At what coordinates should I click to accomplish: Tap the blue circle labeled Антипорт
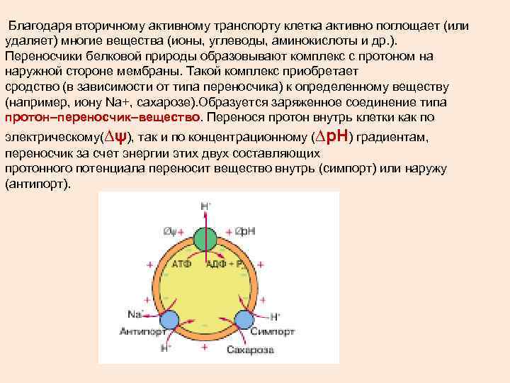coord(169,318)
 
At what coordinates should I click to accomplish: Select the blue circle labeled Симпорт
coord(244,318)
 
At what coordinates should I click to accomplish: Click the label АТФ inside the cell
coord(181,264)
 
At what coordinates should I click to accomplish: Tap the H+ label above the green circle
coord(206,206)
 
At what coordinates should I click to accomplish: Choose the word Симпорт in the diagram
coord(268,331)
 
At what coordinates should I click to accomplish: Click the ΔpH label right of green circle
coord(244,231)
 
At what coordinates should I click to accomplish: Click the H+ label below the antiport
coord(166,348)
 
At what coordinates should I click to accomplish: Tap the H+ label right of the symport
coord(276,316)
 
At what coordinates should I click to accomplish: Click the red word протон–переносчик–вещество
coord(103,117)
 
